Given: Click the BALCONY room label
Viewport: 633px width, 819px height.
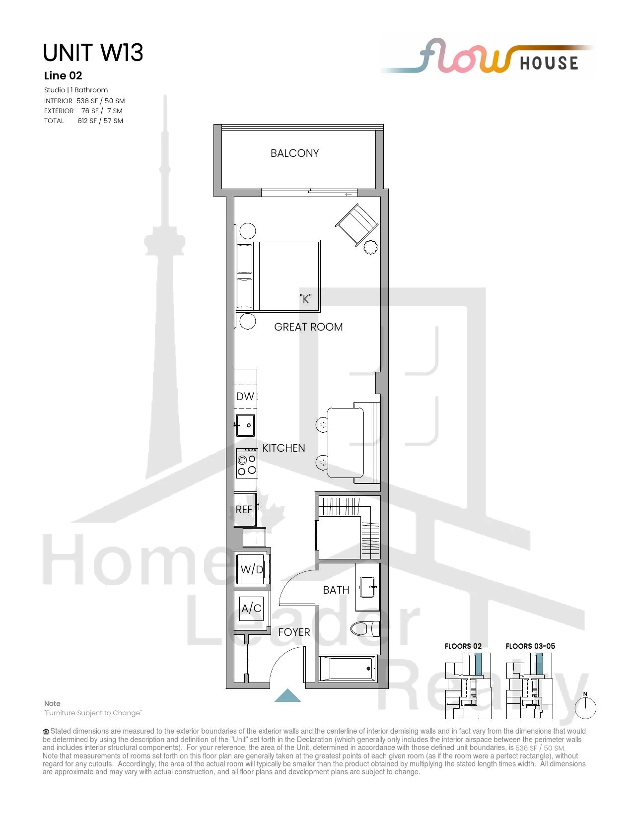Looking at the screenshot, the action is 294,153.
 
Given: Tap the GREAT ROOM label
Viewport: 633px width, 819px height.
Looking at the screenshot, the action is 308,327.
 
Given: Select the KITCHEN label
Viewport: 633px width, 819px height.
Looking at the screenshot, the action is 283,448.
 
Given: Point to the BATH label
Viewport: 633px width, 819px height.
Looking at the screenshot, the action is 336,590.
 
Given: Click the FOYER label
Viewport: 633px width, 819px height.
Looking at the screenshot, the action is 294,632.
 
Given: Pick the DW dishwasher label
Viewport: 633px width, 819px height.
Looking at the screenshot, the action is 245,396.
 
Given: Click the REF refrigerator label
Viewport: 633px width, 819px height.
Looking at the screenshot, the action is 244,510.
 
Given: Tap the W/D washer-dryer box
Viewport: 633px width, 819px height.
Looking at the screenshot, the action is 252,569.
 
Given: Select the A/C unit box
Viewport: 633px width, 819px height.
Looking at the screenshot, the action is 252,609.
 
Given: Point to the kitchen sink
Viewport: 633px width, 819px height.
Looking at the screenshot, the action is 245,425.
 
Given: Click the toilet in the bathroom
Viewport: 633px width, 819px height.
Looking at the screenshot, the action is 365,629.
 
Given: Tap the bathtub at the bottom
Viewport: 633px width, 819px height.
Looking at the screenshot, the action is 348,669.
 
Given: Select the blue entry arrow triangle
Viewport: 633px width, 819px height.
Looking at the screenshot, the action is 287,695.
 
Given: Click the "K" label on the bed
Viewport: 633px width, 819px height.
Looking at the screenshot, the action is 306,299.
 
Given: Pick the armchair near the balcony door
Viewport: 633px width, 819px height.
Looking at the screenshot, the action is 356,225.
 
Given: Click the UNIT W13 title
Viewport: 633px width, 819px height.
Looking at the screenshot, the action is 93,53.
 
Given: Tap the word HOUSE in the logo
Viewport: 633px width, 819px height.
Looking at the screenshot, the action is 549,63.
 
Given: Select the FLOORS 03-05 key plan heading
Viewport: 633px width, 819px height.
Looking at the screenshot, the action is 530,646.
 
